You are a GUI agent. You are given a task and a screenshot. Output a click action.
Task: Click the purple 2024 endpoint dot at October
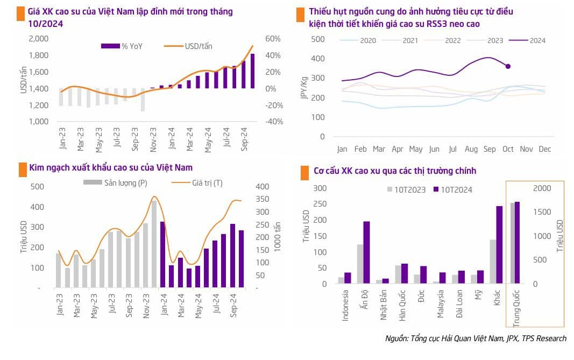point(508,66)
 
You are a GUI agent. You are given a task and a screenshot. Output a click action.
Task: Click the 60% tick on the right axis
point(273,39)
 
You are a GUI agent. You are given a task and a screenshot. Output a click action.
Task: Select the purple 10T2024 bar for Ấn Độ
point(366,252)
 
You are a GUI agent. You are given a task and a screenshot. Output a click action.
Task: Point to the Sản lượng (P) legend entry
point(115,183)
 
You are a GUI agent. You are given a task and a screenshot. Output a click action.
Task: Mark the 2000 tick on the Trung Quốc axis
point(542,188)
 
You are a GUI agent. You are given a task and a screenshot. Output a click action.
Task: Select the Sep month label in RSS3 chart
point(490,149)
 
